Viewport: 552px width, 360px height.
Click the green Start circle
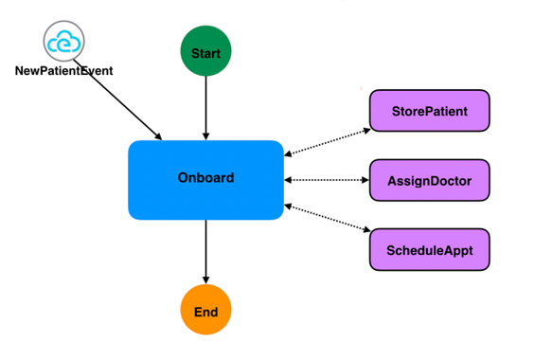pos(205,53)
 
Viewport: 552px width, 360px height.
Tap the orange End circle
pos(205,312)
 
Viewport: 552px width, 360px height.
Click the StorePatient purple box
pos(429,111)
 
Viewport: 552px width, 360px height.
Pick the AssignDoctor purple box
pos(429,180)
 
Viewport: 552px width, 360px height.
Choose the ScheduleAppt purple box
pos(429,249)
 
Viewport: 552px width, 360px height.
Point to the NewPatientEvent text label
pos(64,71)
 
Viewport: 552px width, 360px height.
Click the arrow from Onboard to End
pos(205,251)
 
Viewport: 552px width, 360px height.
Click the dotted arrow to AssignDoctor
pos(326,180)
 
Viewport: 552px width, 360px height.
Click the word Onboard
pos(205,177)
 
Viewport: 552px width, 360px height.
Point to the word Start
pos(205,53)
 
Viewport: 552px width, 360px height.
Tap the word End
pos(205,312)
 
